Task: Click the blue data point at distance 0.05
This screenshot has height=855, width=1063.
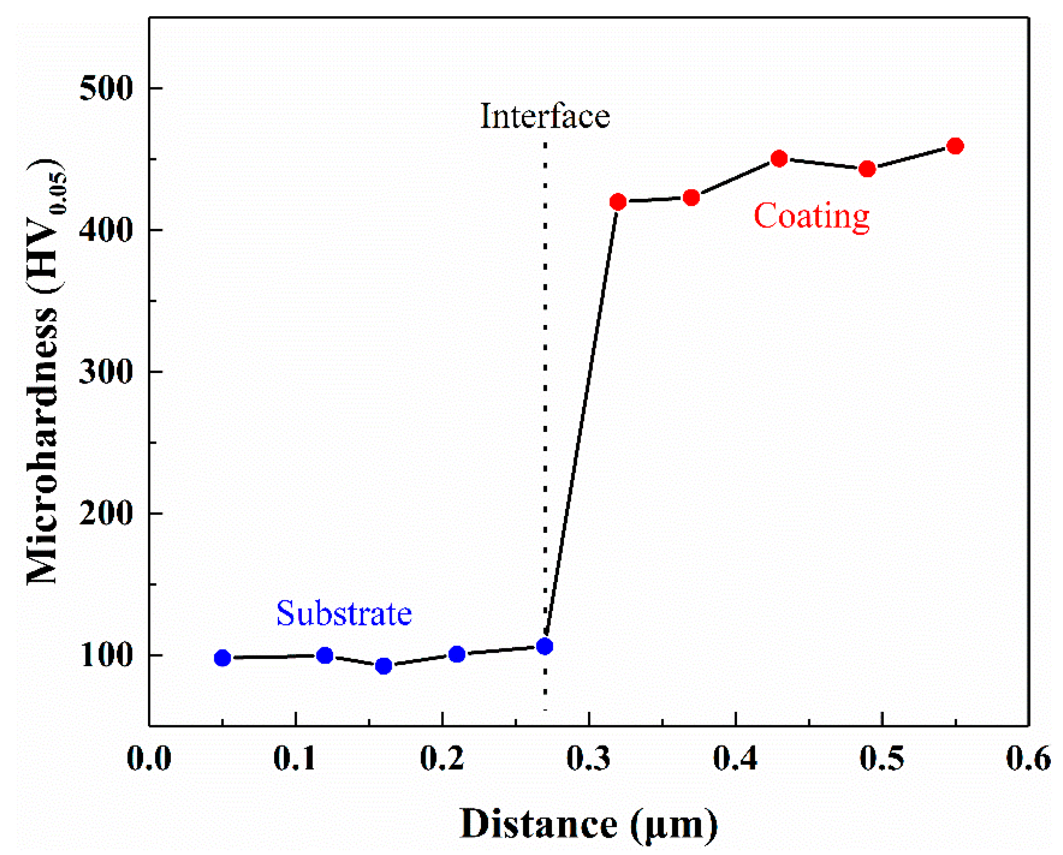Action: (x=223, y=658)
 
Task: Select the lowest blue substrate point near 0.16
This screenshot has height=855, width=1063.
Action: (x=384, y=666)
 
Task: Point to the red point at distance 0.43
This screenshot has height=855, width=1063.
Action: (x=779, y=159)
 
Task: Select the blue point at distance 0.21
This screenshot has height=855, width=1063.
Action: (x=457, y=654)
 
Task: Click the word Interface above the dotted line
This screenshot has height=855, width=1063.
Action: (x=545, y=117)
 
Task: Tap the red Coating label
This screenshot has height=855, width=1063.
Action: (x=812, y=217)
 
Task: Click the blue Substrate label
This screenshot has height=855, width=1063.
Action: (x=344, y=614)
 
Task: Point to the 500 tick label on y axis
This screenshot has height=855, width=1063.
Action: (x=106, y=89)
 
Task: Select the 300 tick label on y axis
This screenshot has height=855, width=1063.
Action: (x=106, y=371)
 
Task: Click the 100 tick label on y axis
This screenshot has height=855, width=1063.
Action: (x=106, y=655)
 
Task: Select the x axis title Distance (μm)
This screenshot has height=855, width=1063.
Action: (x=589, y=823)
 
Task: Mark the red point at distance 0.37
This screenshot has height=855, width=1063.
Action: (x=691, y=198)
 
